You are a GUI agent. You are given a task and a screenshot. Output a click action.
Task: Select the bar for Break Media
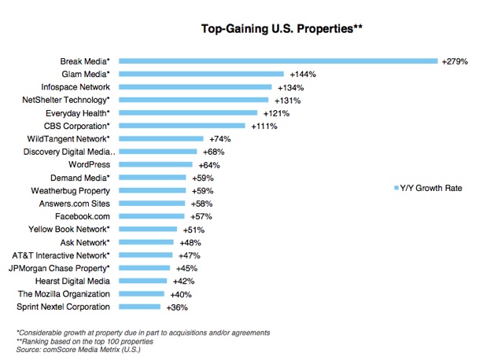pyautogui.click(x=280, y=61)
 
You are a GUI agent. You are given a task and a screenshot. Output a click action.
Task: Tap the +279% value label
pyautogui.click(x=454, y=61)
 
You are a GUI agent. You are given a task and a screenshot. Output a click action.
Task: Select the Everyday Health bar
pyautogui.click(x=190, y=112)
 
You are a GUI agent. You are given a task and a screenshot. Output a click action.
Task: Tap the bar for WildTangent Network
pyautogui.click(x=163, y=138)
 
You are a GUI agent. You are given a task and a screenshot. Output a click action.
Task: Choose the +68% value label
pyautogui.click(x=212, y=152)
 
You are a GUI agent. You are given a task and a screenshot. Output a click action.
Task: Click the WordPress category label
pyautogui.click(x=90, y=164)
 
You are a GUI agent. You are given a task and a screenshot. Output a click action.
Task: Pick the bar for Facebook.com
pyautogui.click(x=153, y=216)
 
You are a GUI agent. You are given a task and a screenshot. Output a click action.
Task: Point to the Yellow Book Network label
pyautogui.click(x=72, y=229)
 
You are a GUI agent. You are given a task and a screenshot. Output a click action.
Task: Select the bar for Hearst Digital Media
pyautogui.click(x=145, y=281)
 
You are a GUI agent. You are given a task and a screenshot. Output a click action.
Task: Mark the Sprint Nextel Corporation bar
pyautogui.click(x=142, y=307)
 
